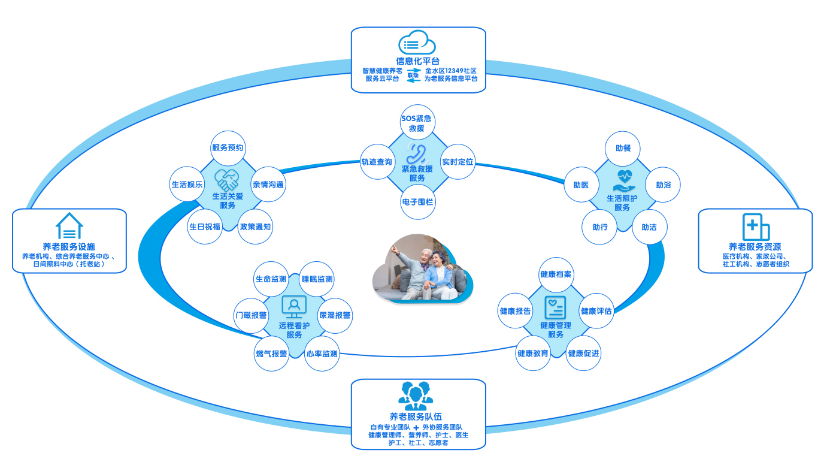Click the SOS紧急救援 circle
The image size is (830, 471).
[417, 123]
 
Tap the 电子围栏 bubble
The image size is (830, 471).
[417, 202]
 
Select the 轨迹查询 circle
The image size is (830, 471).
[377, 162]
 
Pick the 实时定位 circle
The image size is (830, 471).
[458, 162]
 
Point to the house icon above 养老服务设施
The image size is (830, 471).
[69, 227]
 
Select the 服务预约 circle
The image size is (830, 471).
[228, 147]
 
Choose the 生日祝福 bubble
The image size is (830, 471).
[205, 227]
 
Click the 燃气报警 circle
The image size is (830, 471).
[271, 354]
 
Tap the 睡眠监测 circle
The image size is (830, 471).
[317, 279]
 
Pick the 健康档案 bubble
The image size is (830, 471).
[556, 274]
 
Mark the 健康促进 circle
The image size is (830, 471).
[583, 353]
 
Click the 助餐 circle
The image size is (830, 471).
[623, 148]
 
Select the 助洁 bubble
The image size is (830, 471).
[649, 227]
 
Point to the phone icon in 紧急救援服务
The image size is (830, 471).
[417, 153]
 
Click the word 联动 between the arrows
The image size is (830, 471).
[413, 76]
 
